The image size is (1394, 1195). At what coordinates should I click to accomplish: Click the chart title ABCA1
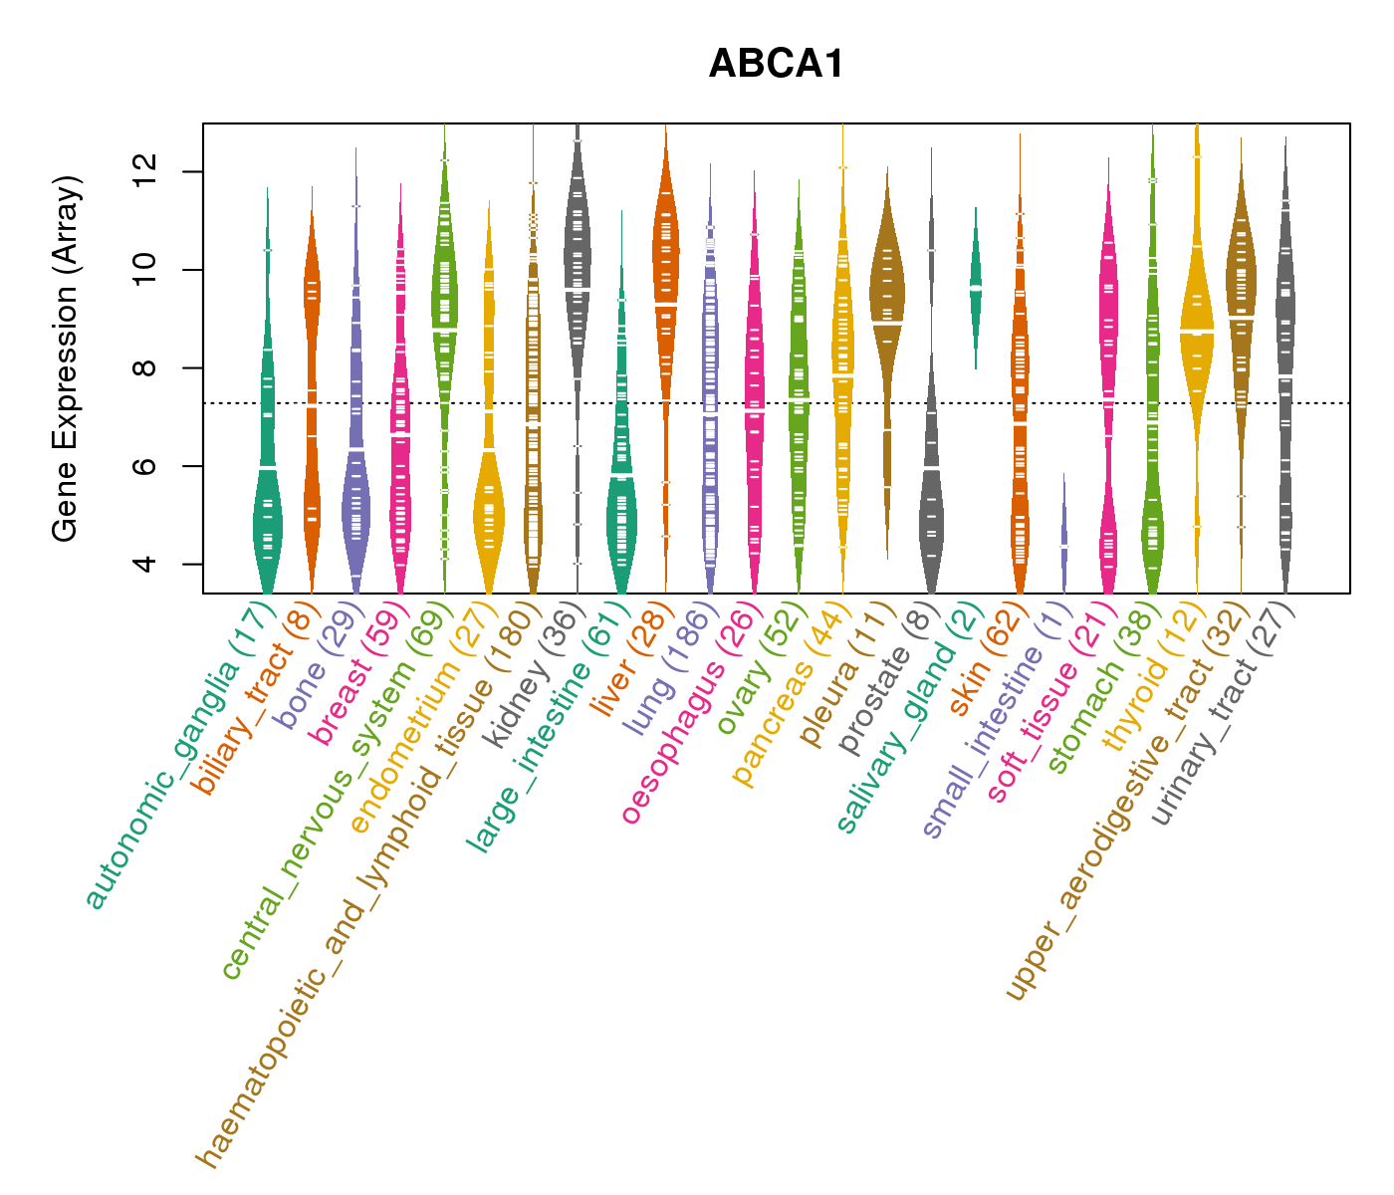pyautogui.click(x=777, y=65)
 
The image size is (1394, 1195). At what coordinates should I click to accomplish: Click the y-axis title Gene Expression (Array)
pyautogui.click(x=66, y=358)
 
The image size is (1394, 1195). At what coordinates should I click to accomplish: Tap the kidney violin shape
pyautogui.click(x=578, y=269)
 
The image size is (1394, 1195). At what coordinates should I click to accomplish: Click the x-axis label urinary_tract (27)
pyautogui.click(x=1224, y=717)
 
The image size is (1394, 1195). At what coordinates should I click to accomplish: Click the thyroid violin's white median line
pyautogui.click(x=1197, y=330)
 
